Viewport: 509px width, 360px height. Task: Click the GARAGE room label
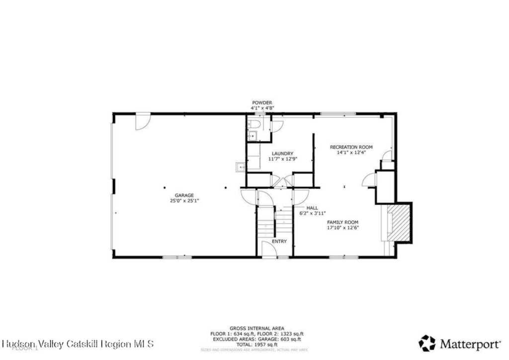tap(184, 195)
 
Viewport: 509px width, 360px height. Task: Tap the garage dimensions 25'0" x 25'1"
tap(184, 201)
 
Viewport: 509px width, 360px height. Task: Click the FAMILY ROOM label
tap(342, 222)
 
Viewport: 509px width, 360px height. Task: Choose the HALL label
tap(312, 208)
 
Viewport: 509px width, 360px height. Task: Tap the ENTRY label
tap(279, 241)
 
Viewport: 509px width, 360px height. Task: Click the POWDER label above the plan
tap(262, 102)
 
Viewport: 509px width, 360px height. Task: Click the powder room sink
tap(252, 135)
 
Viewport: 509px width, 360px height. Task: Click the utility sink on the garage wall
tap(241, 168)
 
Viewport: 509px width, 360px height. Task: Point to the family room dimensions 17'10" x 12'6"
tap(342, 228)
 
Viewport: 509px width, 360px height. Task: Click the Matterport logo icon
tap(426, 343)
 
